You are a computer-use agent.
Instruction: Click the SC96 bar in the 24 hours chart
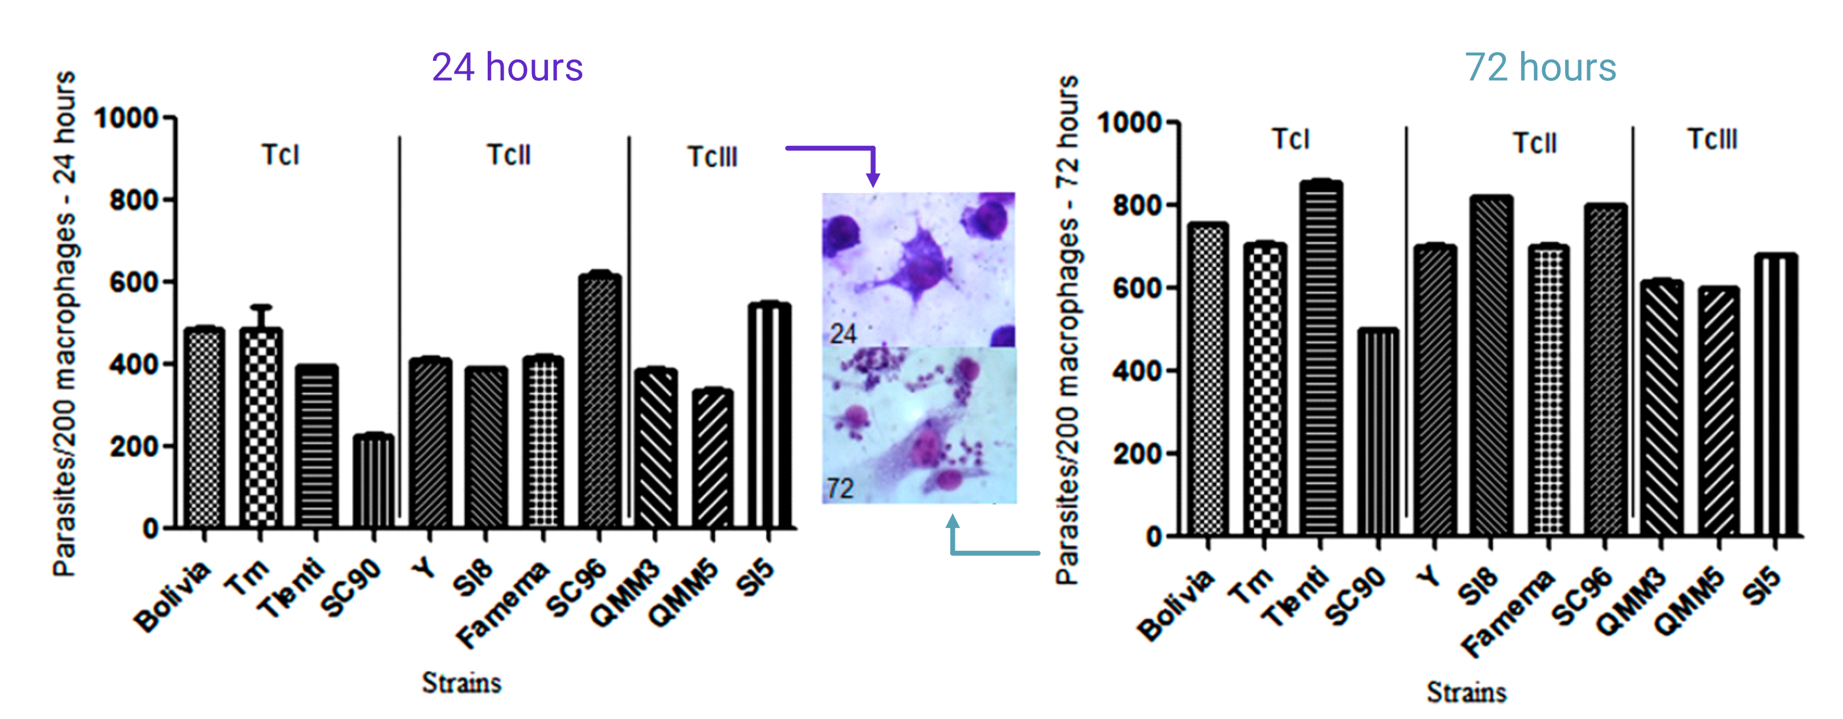click(x=600, y=400)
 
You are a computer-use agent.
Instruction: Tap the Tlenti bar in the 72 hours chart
click(x=1320, y=357)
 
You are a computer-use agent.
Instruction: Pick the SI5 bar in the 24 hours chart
click(x=769, y=415)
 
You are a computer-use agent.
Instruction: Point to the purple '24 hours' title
click(x=507, y=67)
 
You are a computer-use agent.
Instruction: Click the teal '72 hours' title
click(x=1540, y=67)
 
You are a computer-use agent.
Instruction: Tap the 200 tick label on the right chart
click(x=1137, y=454)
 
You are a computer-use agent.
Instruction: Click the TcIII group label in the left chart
click(x=712, y=157)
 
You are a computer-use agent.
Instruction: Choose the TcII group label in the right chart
click(x=1535, y=143)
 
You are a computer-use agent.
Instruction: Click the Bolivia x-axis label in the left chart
click(x=172, y=597)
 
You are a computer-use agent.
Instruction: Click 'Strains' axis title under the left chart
click(x=461, y=682)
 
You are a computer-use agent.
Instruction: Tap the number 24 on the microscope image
click(x=843, y=333)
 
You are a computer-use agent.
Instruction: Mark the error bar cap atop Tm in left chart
click(x=261, y=307)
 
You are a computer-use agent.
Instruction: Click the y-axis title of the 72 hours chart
click(x=1067, y=329)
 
